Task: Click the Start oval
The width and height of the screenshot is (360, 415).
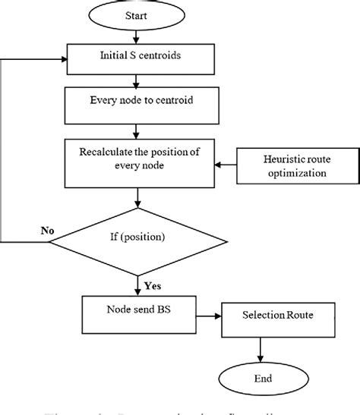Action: (x=136, y=14)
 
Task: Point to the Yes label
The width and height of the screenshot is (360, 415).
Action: (x=152, y=285)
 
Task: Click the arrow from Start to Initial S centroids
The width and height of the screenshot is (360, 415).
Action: (x=136, y=35)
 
